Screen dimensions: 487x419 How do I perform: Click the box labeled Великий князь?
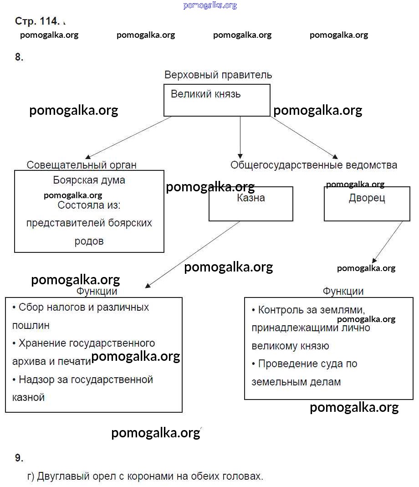pos(217,100)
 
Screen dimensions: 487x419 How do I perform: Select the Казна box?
pos(250,204)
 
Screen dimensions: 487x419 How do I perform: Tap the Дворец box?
pos(367,204)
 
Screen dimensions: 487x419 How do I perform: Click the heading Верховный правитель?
pos(218,75)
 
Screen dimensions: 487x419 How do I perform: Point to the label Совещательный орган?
pos(82,165)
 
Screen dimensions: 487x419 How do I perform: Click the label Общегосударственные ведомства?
pos(313,165)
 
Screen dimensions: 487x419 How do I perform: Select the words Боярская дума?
pos(89,180)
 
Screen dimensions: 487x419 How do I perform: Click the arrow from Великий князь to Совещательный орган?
pos(129,137)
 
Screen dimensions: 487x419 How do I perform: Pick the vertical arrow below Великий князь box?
pos(240,137)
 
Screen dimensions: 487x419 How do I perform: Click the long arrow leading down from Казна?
pos(193,254)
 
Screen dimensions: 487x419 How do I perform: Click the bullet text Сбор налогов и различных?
pos(84,307)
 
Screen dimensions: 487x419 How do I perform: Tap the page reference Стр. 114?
pos(37,21)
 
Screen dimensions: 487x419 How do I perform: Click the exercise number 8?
pos(19,57)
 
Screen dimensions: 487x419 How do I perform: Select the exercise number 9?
pos(19,458)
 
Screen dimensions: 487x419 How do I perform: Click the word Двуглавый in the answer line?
pos(61,477)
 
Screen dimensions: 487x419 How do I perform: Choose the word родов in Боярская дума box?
pos(89,241)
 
